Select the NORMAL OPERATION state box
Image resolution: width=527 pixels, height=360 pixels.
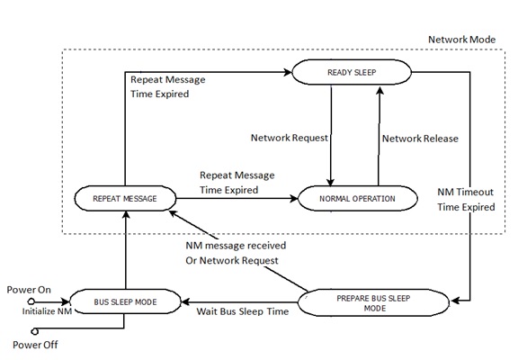click(x=356, y=197)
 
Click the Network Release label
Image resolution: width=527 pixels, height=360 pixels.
click(x=420, y=139)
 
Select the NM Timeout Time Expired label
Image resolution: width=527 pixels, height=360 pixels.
click(x=466, y=199)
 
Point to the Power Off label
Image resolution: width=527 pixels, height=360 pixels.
click(x=32, y=344)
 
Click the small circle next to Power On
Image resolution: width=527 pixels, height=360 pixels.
click(x=31, y=301)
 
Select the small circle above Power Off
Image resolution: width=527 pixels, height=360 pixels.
click(x=32, y=329)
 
